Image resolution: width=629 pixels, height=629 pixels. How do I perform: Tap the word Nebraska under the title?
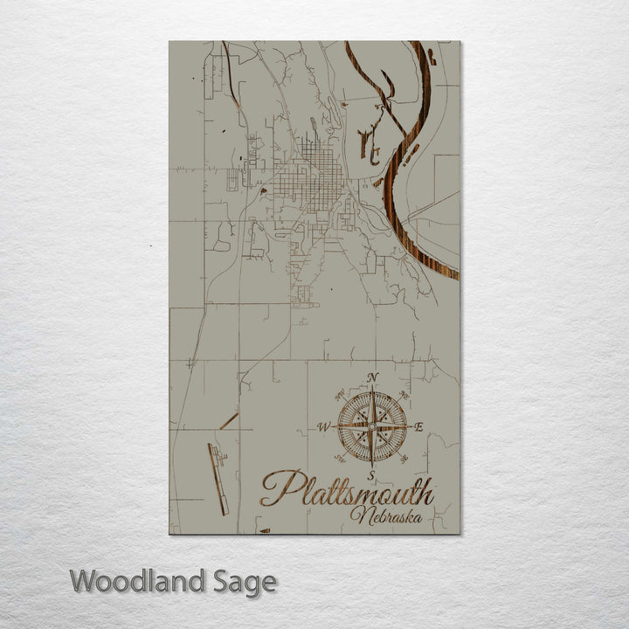point(384,515)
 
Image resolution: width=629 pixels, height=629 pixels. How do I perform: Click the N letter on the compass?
point(374,377)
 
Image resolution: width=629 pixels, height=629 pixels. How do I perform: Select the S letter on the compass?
point(371,474)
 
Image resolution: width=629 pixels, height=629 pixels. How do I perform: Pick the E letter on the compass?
point(419,427)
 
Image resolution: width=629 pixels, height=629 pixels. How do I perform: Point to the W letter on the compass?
point(323,427)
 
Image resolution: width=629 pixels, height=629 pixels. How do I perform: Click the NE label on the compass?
point(403,396)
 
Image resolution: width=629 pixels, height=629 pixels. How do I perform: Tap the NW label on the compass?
point(341,394)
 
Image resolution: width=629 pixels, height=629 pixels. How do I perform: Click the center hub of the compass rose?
point(372,426)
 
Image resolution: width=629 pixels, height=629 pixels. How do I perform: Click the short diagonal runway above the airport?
point(229,420)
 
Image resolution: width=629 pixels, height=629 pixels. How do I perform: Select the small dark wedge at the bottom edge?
point(265,530)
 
